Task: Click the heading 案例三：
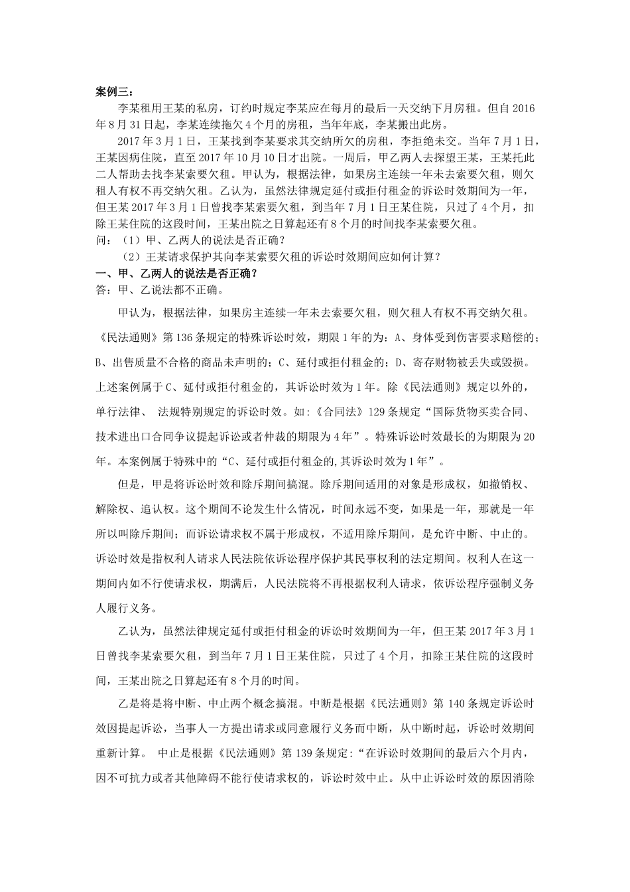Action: click(x=115, y=91)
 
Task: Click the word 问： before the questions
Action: click(x=105, y=240)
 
